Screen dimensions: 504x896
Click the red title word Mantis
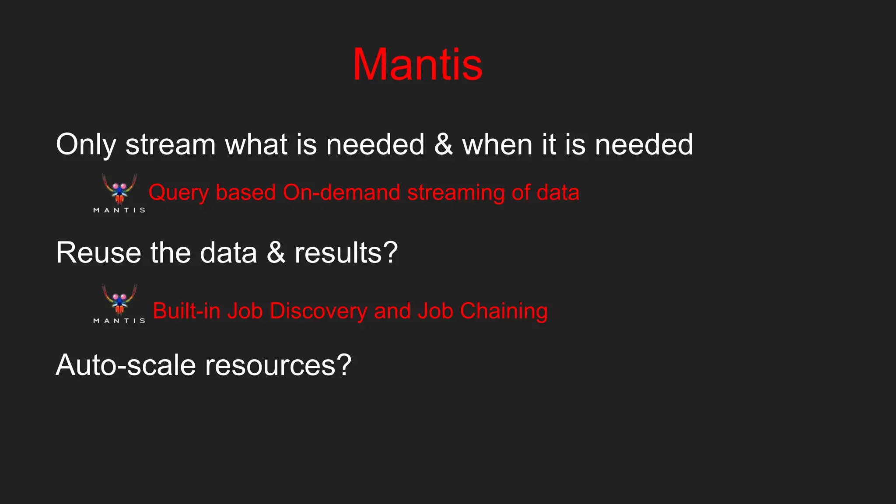[x=417, y=65]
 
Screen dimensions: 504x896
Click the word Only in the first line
[x=86, y=145]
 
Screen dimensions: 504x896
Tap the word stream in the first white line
[x=171, y=145]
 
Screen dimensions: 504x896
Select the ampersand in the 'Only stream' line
[x=443, y=145]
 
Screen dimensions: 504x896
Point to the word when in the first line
[x=497, y=145]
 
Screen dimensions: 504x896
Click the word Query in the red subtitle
[x=178, y=193]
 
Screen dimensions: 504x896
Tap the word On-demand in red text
[x=341, y=192]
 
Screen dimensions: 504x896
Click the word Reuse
[x=98, y=253]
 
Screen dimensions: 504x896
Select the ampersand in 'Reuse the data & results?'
[x=276, y=253]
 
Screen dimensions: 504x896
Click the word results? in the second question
[x=346, y=253]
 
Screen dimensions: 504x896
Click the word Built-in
[x=186, y=311]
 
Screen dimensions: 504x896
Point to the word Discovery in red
[x=318, y=311]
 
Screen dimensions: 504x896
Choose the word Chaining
[x=504, y=311]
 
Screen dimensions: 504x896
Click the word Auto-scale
[x=126, y=365]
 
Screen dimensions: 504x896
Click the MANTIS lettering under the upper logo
[x=119, y=210]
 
